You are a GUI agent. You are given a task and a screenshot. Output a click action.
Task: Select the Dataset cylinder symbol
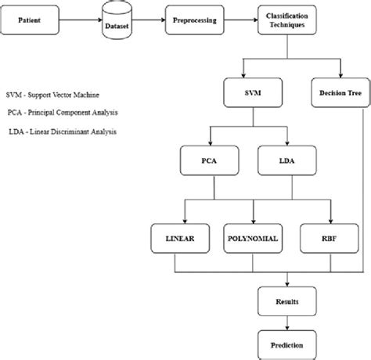point(118,19)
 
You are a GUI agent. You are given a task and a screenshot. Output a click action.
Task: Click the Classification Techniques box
point(286,19)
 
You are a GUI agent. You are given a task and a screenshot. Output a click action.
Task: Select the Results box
point(286,301)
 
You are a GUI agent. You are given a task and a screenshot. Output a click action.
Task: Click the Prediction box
point(286,344)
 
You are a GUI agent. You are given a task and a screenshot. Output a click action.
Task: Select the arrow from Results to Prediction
point(286,322)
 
